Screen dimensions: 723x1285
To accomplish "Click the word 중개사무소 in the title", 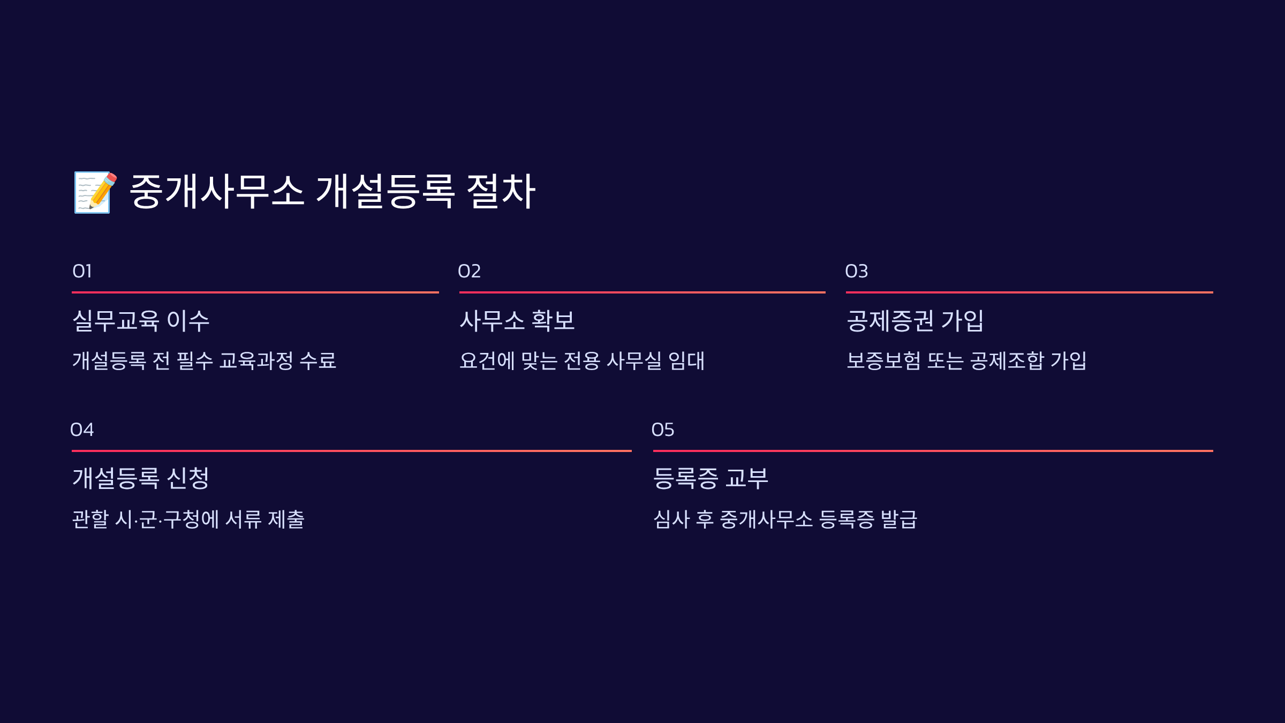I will (217, 191).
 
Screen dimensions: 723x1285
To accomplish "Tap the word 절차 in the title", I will (501, 191).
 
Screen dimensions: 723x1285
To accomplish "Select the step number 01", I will (82, 272).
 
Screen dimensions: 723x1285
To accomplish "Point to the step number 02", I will (469, 272).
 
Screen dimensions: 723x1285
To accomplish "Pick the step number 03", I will (856, 272).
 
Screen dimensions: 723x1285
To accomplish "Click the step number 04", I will (82, 430).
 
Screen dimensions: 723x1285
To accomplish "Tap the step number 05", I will (662, 430).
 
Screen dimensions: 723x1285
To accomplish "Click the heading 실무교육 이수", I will (141, 321).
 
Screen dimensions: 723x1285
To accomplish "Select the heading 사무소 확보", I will (517, 321).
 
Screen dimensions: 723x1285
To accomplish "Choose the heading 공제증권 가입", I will (915, 321).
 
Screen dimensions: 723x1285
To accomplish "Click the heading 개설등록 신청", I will (141, 478).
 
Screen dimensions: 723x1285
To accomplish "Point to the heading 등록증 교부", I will (710, 478).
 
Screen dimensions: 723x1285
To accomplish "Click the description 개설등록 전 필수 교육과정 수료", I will (204, 360).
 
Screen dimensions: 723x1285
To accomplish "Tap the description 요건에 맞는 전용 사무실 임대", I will (582, 360).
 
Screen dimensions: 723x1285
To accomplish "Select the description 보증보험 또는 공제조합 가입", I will (966, 360).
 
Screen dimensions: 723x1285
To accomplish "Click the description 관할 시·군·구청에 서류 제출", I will (188, 519).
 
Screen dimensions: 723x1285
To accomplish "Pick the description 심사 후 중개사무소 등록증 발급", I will (785, 519).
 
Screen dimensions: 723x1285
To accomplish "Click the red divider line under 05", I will (933, 451).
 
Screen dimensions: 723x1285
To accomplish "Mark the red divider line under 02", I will (642, 292).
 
